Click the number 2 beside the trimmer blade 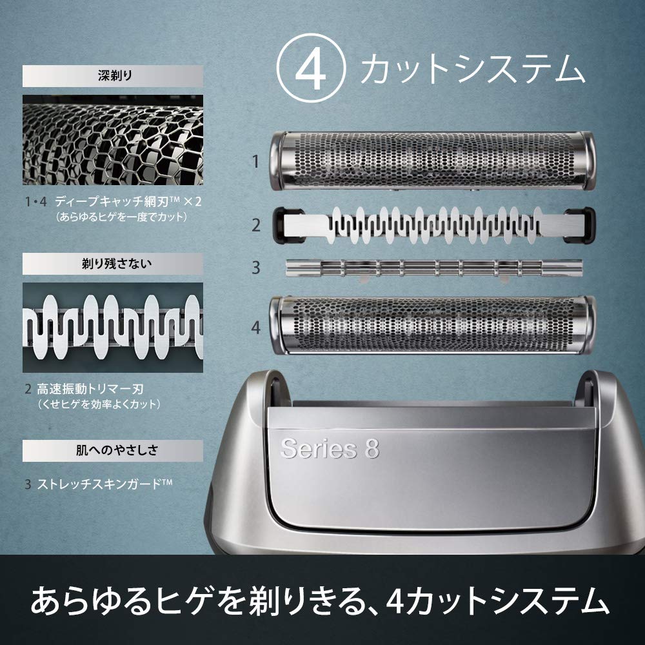255,225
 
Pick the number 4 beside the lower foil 255,328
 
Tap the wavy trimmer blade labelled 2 432,224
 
